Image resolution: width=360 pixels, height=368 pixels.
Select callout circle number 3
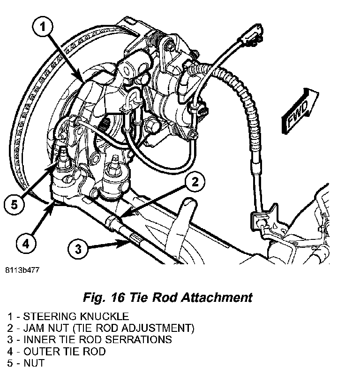tap(78, 248)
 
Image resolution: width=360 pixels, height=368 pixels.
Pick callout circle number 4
tap(26, 243)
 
